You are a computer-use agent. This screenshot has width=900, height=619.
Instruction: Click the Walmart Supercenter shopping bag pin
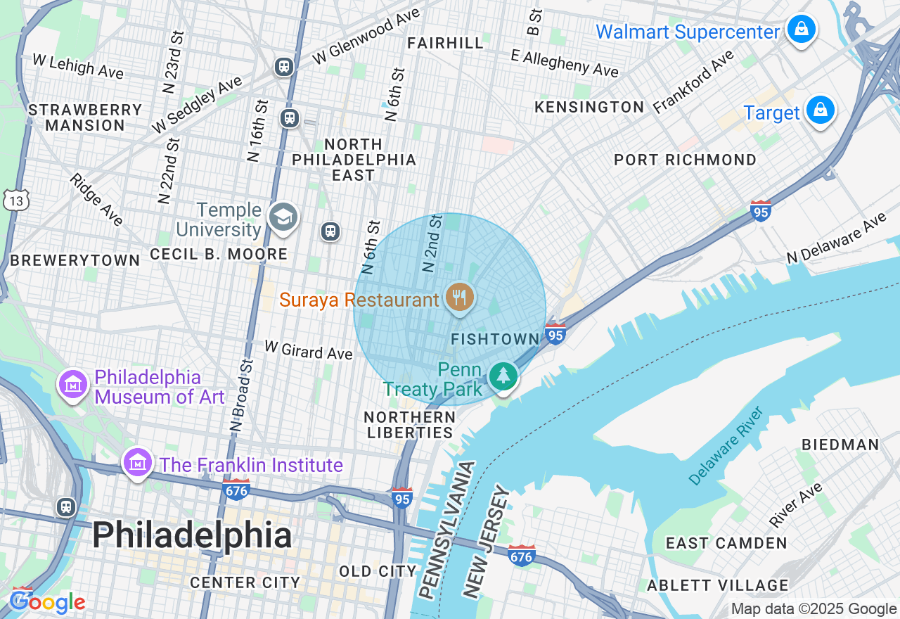800,30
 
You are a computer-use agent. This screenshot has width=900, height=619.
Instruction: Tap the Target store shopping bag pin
819,110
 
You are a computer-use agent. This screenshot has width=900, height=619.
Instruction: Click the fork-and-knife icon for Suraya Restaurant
459,296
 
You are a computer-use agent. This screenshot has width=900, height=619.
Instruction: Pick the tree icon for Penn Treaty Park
503,376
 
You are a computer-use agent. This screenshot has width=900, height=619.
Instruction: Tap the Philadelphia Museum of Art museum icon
73,384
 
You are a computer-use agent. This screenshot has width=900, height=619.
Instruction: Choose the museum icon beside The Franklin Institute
137,463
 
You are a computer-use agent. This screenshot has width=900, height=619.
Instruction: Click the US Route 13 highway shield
15,200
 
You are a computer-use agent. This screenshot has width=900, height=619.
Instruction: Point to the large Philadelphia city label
192,536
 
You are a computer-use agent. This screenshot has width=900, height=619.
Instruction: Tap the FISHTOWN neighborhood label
495,340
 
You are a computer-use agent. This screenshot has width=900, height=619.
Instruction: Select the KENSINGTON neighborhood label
589,108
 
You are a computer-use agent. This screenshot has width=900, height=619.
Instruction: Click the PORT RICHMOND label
685,160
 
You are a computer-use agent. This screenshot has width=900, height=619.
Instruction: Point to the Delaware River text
726,446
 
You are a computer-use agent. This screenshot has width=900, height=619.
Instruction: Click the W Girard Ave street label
308,350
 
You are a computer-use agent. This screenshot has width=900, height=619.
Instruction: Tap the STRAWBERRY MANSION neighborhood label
85,118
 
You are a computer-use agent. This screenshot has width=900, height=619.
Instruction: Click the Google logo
47,602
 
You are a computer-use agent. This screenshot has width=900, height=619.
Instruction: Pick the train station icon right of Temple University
330,231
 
